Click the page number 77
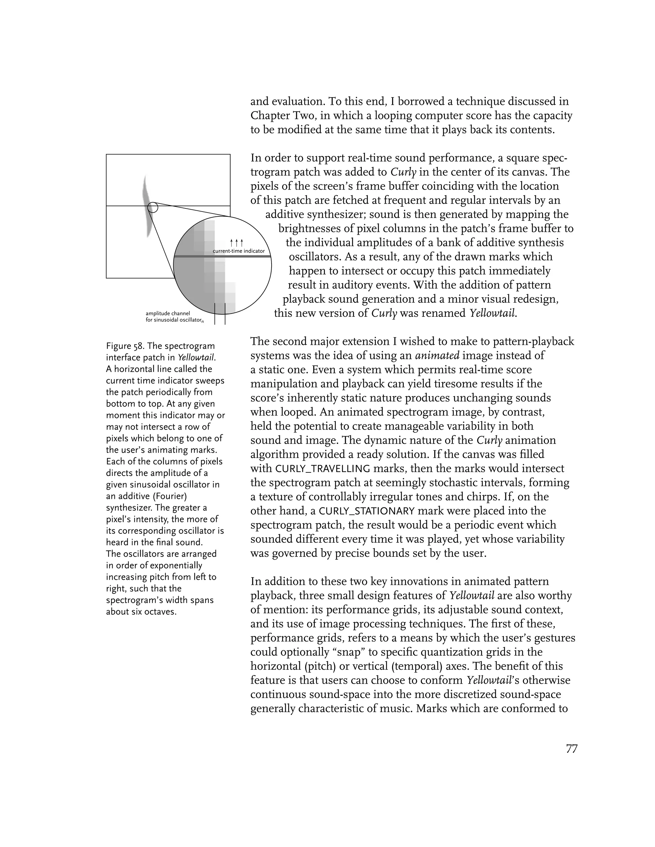click(x=572, y=749)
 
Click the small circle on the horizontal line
click(x=153, y=207)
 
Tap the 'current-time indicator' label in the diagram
click(x=239, y=251)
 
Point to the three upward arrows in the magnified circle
click(x=236, y=243)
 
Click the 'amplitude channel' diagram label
click(x=168, y=313)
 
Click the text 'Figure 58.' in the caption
click(x=123, y=346)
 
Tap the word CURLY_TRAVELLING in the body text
click(x=322, y=469)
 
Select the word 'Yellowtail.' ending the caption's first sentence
click(x=196, y=358)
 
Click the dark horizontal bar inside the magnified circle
click(x=222, y=257)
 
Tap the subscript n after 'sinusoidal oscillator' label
click(x=202, y=322)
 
